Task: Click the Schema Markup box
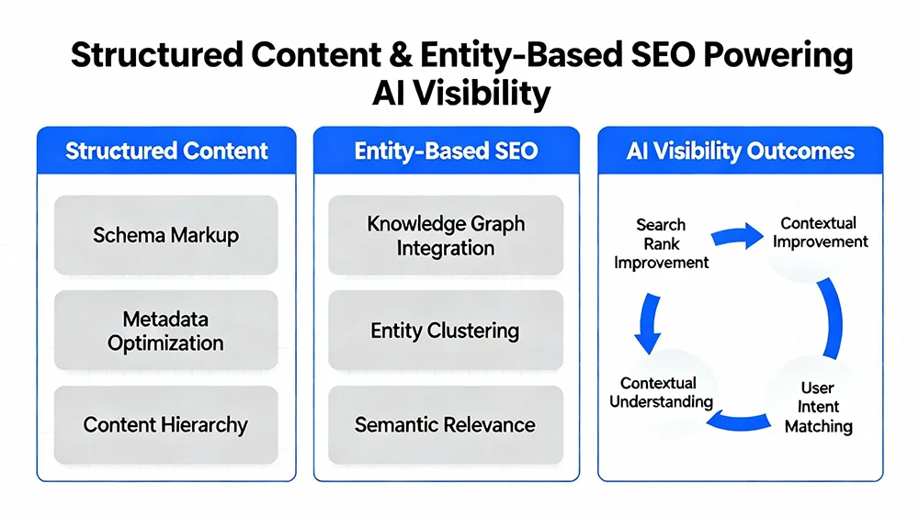point(166,235)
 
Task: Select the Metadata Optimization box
point(166,331)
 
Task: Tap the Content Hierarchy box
point(166,424)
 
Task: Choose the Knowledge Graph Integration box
point(446,235)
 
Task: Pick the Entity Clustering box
point(446,331)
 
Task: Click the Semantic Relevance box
point(446,424)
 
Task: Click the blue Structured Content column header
point(166,151)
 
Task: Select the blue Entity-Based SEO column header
point(446,151)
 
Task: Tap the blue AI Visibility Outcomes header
point(740,151)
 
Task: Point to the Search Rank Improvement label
point(662,243)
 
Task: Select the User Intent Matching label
point(818,407)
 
